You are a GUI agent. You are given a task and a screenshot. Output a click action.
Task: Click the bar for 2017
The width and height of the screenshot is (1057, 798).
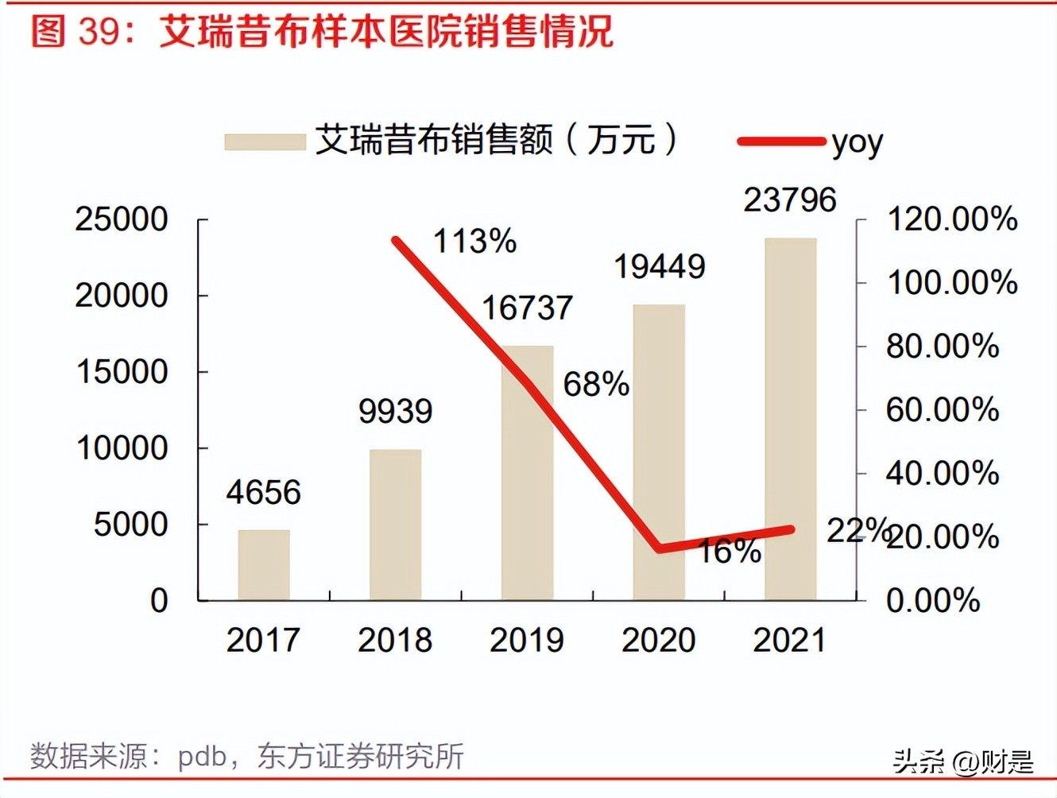(x=264, y=564)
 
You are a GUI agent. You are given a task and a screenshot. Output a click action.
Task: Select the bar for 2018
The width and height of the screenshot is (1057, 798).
(x=395, y=525)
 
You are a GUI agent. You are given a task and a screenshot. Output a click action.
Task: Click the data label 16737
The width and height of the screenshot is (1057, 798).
(x=528, y=308)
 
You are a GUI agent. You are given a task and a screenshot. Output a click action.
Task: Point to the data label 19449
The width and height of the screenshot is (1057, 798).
(x=659, y=267)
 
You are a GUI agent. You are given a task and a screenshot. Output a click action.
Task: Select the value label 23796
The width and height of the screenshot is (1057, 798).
(x=790, y=199)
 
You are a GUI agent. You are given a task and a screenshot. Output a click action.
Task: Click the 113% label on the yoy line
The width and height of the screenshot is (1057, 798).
(x=474, y=242)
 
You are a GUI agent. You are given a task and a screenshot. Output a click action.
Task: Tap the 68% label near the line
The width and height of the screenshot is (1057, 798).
(x=596, y=385)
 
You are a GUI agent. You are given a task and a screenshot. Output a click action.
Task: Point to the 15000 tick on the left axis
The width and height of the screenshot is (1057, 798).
(x=122, y=371)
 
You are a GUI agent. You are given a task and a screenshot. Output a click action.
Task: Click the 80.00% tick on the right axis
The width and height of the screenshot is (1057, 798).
(x=943, y=346)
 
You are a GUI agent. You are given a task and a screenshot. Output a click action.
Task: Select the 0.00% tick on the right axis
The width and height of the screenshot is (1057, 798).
(x=933, y=600)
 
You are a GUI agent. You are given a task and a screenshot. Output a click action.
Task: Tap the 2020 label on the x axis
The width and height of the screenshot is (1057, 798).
(x=658, y=641)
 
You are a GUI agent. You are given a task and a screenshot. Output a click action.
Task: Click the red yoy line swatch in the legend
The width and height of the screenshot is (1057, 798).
(x=781, y=141)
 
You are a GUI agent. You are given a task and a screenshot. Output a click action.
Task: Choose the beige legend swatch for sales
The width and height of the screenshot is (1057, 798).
(x=265, y=141)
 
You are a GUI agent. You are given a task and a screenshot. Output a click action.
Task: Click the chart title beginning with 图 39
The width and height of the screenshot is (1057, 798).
(x=322, y=32)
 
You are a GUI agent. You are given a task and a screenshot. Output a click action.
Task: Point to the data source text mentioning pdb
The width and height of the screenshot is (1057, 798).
(x=246, y=756)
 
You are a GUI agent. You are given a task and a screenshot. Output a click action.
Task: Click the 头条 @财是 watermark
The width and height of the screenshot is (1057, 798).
(x=962, y=761)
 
